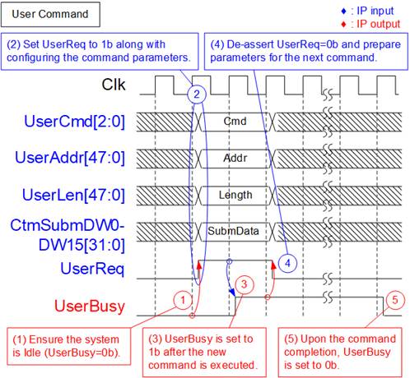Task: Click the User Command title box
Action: click(50, 15)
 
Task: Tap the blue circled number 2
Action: click(197, 94)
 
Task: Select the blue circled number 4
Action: click(287, 263)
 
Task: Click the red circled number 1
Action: click(183, 300)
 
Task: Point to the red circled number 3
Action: click(244, 284)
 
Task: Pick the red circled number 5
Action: click(395, 300)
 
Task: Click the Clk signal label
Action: click(114, 85)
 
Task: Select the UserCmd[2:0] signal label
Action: click(74, 122)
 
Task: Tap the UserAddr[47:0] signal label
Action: click(70, 158)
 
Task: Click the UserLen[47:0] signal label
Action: click(73, 195)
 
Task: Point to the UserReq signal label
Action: click(92, 269)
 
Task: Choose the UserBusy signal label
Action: click(90, 307)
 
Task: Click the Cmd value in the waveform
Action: click(235, 121)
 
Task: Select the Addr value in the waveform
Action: click(235, 158)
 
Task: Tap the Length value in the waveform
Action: click(235, 195)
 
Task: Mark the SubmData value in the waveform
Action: click(233, 231)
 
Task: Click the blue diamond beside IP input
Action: click(343, 11)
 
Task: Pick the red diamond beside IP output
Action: click(343, 25)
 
